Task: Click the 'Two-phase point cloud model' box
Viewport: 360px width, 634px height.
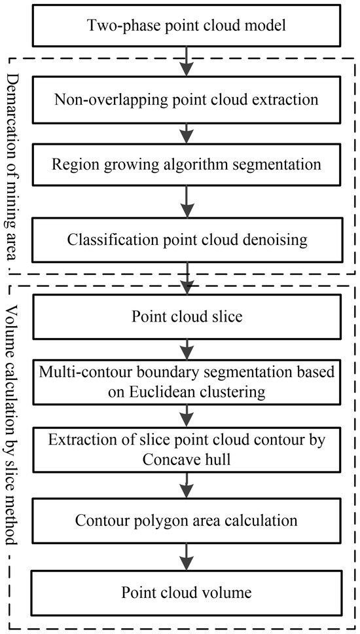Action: (187, 27)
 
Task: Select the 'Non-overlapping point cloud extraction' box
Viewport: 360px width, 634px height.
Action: (187, 100)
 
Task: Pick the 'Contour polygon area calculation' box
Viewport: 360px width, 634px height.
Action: (187, 521)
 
